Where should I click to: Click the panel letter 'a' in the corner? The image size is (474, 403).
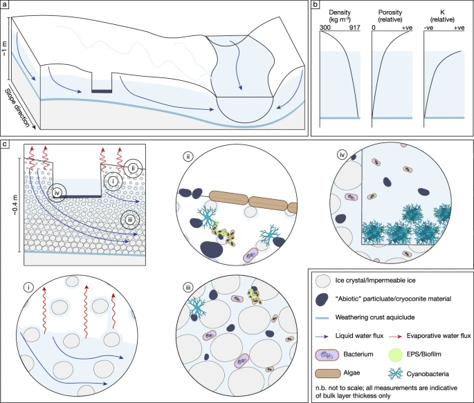pos(5,5)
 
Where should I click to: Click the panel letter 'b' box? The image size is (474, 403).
pos(316,5)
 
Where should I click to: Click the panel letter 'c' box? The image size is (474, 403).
pos(5,144)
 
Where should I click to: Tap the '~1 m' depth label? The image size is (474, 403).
pos(5,48)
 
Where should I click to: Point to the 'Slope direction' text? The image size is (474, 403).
pos(18,108)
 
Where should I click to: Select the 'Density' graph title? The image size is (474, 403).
pos(340,12)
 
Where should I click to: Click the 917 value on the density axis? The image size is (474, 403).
pos(354,28)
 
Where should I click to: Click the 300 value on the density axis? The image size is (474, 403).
pos(325,28)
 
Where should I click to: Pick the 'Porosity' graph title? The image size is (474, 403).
pos(390,12)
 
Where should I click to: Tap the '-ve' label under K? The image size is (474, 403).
pos(428,28)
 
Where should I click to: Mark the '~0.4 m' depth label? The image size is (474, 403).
pos(15,205)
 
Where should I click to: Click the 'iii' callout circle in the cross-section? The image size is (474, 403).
pos(130,220)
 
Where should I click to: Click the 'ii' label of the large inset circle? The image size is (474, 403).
pos(188,157)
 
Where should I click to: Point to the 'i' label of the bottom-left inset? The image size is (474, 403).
pos(28,287)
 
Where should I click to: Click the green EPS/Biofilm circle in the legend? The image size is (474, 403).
pos(395,355)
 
